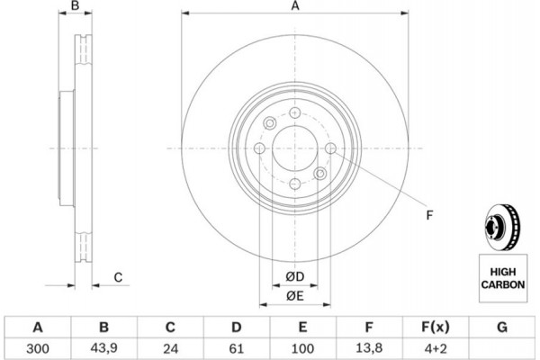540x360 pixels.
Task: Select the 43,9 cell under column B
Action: (x=104, y=346)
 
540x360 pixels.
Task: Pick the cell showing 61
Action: (x=237, y=346)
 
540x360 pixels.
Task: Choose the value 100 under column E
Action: (x=303, y=346)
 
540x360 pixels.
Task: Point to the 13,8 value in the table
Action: (x=369, y=346)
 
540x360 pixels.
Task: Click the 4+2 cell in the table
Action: (x=435, y=346)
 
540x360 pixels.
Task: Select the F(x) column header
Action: (x=435, y=327)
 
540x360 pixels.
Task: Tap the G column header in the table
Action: (x=500, y=327)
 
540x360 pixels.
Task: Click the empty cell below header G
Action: (x=500, y=346)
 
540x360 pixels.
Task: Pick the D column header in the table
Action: (x=237, y=327)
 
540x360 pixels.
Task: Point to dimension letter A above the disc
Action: (x=294, y=7)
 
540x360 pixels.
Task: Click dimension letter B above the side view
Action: (x=76, y=7)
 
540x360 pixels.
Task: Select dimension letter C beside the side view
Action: (x=118, y=277)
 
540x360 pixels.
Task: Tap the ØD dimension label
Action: (x=294, y=275)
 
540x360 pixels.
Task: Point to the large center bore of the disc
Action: (x=294, y=148)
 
